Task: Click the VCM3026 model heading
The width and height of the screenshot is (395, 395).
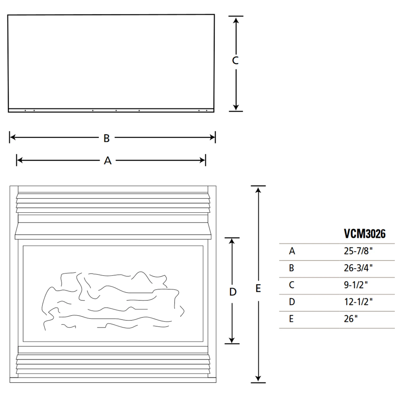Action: point(365,234)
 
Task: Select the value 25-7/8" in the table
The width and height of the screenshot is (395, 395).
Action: point(358,251)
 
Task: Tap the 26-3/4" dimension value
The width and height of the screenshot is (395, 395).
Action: point(358,268)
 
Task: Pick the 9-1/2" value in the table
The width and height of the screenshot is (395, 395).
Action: point(356,285)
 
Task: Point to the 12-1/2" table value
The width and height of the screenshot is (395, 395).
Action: point(358,302)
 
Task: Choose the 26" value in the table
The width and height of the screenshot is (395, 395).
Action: point(351,319)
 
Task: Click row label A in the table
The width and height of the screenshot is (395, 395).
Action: point(292,251)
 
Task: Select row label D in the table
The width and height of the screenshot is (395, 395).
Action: point(292,302)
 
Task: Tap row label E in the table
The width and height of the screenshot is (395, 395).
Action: point(291,319)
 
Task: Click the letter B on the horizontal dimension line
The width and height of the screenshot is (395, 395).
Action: point(106,138)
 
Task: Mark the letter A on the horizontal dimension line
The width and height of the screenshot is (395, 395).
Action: point(107,161)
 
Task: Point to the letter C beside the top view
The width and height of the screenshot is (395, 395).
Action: point(235,61)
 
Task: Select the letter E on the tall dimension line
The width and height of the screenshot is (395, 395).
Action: point(258,289)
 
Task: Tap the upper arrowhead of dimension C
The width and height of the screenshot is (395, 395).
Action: point(236,20)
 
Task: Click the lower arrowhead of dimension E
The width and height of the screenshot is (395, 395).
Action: point(258,379)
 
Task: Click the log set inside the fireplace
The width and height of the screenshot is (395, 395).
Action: point(113,300)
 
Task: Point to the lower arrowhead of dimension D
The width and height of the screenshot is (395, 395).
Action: point(232,340)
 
